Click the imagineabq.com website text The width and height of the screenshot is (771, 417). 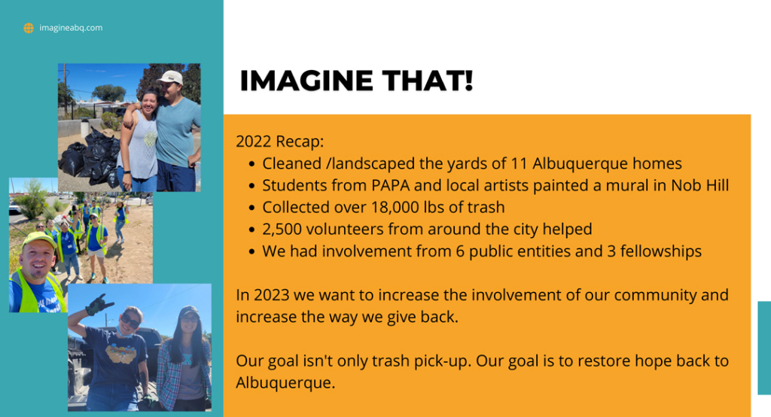point(71,28)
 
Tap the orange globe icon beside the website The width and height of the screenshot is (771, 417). point(29,28)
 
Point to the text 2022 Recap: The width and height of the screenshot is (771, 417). point(280,141)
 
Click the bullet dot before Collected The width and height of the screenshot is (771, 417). point(251,208)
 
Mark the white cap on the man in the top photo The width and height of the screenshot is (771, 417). point(170,78)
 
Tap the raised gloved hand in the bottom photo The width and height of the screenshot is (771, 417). point(99,304)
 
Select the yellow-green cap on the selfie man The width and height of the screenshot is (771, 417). point(39,239)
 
